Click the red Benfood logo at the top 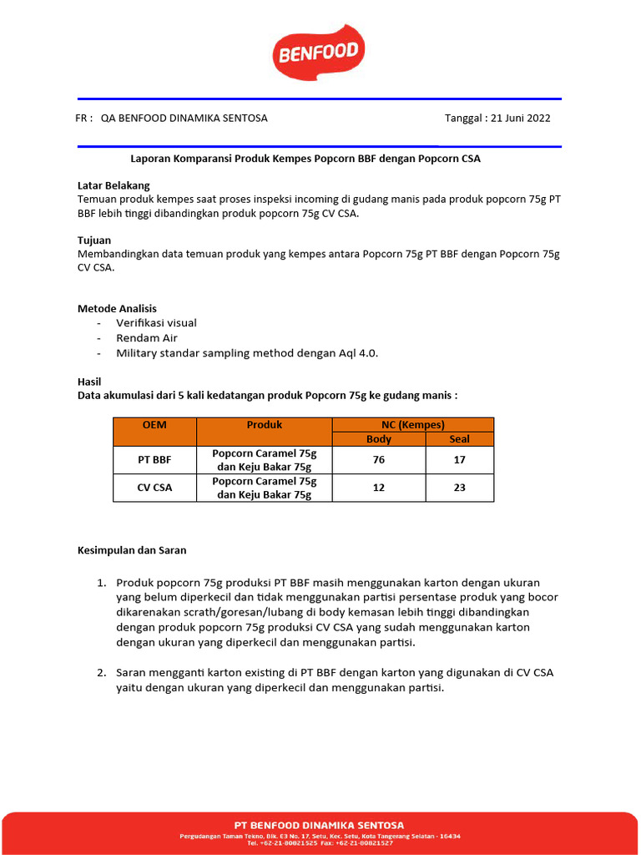click(318, 53)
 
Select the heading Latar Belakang click(114, 185)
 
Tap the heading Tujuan click(94, 240)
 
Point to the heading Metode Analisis click(117, 309)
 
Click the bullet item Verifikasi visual click(156, 323)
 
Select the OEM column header click(154, 425)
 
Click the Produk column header click(265, 425)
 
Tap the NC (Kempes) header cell click(412, 424)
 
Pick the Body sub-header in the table click(379, 439)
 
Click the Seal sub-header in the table click(459, 439)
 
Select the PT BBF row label click(154, 460)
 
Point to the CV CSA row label click(154, 488)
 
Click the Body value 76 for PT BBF click(379, 460)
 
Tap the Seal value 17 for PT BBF click(459, 460)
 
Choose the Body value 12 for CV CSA click(379, 488)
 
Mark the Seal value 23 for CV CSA click(459, 488)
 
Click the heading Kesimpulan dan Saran click(132, 550)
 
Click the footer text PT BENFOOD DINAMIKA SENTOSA click(320, 826)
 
